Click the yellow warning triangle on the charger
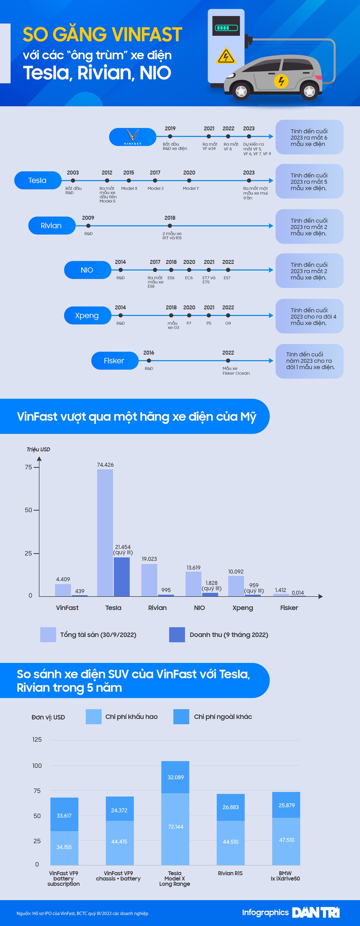(x=226, y=56)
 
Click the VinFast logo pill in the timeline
(x=133, y=137)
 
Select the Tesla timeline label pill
(x=37, y=181)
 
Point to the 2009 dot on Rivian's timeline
(x=88, y=226)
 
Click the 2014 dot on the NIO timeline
(x=120, y=270)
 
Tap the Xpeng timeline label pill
(x=87, y=315)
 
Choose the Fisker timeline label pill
(x=114, y=360)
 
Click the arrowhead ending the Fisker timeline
(x=271, y=360)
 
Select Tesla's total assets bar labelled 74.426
(x=105, y=532)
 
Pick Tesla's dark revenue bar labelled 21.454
(x=121, y=576)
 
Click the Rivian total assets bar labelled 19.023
(x=149, y=579)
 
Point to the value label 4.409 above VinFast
(x=63, y=579)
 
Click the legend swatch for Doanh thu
(x=177, y=634)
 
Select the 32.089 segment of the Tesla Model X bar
(x=175, y=777)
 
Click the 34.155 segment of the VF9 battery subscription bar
(x=64, y=847)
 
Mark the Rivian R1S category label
(x=230, y=873)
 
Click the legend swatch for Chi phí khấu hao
(x=94, y=717)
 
